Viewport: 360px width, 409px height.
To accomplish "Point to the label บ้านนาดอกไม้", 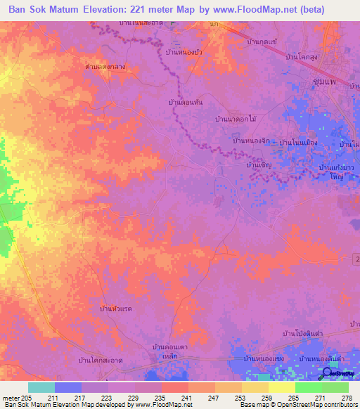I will [x=236, y=119].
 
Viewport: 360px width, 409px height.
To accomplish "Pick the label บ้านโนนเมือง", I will [x=299, y=143].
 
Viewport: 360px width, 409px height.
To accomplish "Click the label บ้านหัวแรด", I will [x=117, y=308].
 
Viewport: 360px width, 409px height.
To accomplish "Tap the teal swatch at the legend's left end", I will [x=41, y=387].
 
